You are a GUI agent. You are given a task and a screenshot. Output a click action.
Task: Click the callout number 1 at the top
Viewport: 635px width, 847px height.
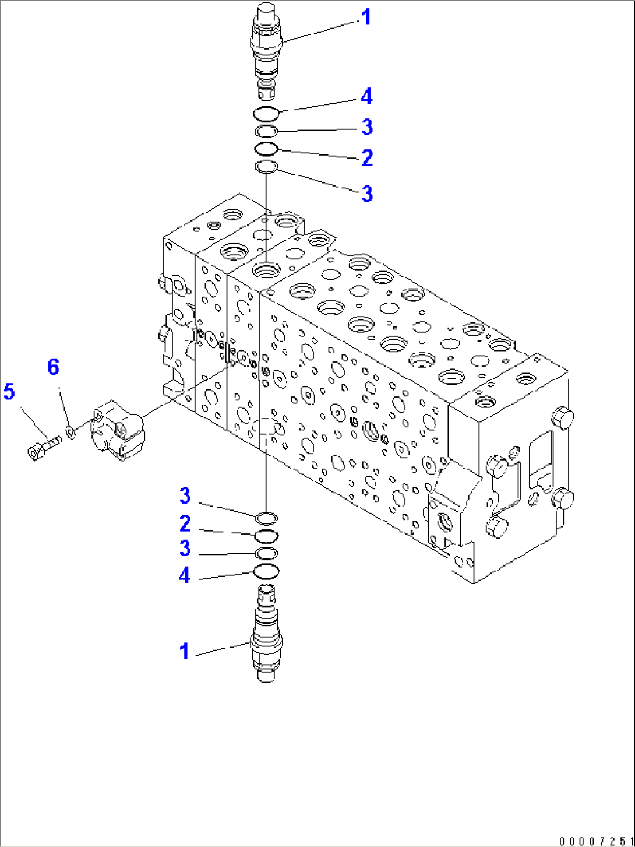366,17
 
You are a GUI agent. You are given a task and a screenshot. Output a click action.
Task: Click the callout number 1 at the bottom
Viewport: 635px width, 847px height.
185,652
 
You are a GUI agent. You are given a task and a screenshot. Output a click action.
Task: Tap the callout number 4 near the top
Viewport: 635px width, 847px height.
366,96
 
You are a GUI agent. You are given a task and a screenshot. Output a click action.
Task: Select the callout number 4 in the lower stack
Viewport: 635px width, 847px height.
185,575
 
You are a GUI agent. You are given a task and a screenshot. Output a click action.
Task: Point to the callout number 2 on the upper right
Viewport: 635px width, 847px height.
367,157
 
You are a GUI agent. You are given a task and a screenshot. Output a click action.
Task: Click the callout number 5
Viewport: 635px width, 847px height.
9,392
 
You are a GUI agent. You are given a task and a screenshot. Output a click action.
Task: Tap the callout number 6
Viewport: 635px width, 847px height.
53,367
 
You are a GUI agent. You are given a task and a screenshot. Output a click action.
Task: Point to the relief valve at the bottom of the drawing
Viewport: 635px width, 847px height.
266,635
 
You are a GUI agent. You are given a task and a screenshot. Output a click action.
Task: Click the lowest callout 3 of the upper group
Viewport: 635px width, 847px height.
367,194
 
